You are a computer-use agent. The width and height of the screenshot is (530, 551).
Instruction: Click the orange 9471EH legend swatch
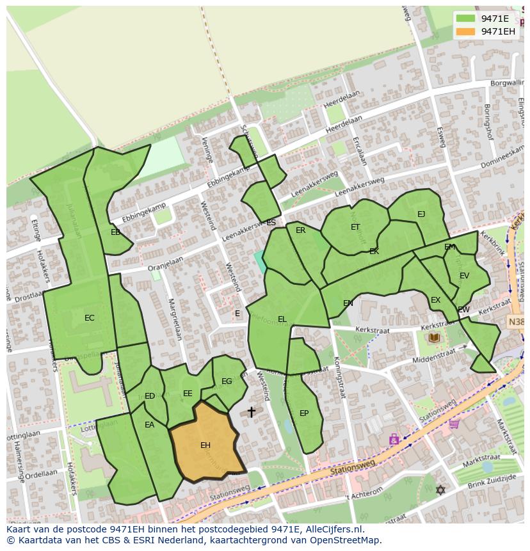coord(465,32)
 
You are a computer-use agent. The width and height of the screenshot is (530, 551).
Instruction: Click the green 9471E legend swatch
coord(465,19)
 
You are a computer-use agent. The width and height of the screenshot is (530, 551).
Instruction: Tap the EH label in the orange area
coord(205,445)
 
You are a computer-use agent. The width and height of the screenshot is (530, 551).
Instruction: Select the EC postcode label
coord(90,318)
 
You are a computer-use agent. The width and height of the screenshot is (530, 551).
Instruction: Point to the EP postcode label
coord(304,413)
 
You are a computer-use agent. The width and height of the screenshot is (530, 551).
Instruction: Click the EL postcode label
coord(282,319)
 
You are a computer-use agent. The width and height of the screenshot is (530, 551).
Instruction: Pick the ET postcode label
coord(355,227)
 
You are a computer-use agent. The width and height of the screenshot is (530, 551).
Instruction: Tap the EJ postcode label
coord(421,214)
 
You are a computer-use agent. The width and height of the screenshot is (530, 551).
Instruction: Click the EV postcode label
coord(464,276)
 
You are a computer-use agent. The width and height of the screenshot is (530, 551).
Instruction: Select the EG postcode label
coord(227,381)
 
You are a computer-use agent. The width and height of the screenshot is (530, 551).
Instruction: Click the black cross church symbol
coord(252,411)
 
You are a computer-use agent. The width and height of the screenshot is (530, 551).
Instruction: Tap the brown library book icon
coord(434,337)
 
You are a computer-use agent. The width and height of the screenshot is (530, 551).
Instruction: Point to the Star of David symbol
coord(440,490)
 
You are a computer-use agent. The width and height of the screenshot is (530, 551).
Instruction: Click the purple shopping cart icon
coord(454,423)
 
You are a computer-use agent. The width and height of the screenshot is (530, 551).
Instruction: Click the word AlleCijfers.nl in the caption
coord(332,529)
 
